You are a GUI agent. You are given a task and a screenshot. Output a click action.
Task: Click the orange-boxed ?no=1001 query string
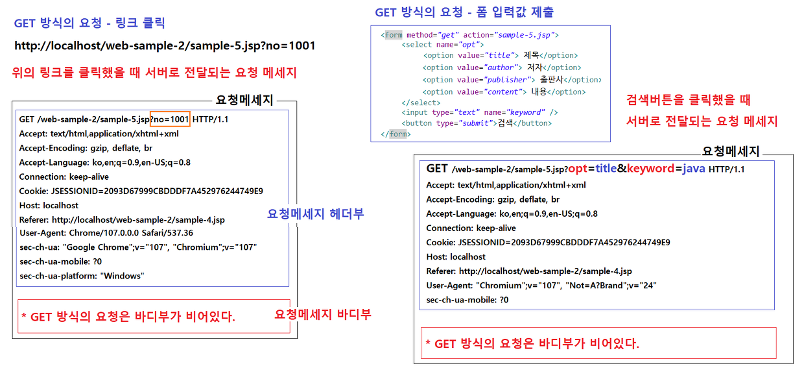click(x=170, y=119)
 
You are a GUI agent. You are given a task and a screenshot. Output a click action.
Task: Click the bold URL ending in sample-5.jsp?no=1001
click(x=165, y=45)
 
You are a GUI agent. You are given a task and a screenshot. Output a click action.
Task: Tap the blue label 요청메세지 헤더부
click(x=315, y=214)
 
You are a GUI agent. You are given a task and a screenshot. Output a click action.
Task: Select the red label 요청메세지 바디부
click(x=323, y=314)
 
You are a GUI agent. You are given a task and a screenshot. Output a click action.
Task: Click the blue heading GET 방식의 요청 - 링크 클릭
click(x=89, y=23)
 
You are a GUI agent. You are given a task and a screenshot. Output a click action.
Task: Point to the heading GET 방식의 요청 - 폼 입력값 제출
click(x=464, y=12)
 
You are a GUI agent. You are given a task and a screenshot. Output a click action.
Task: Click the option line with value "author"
click(x=502, y=67)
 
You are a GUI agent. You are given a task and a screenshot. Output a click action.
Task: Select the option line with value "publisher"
click(x=512, y=80)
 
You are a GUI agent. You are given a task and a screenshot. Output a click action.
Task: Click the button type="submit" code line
click(x=477, y=123)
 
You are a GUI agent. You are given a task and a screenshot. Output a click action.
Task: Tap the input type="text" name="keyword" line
click(x=480, y=112)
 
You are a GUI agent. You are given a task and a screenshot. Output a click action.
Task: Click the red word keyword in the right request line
click(x=650, y=169)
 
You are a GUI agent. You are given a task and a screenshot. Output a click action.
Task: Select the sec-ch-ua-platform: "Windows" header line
click(x=82, y=276)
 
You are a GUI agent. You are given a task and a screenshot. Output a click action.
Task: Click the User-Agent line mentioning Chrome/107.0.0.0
click(x=106, y=233)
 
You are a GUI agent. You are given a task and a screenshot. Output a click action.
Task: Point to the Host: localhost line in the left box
click(x=49, y=205)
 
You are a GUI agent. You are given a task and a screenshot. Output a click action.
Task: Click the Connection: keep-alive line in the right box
click(x=471, y=228)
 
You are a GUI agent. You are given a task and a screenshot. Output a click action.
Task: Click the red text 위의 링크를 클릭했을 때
click(x=154, y=73)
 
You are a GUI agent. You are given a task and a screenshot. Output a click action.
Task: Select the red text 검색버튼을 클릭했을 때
click(x=688, y=101)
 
